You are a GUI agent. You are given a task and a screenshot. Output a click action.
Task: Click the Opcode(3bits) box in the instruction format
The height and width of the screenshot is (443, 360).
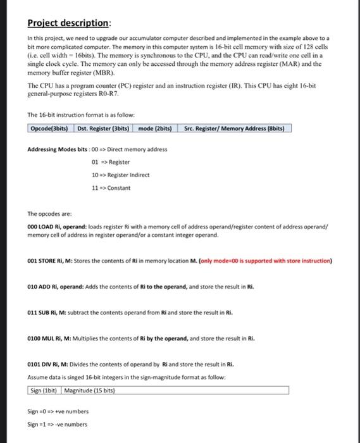[50, 129]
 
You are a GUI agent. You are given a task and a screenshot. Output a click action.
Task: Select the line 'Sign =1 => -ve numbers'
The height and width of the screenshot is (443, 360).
[58, 424]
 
